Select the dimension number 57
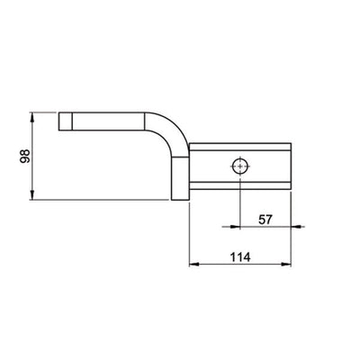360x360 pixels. (x=265, y=218)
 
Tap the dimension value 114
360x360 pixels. (x=238, y=256)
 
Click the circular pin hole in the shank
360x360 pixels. (x=241, y=166)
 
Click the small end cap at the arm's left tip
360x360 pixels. (x=65, y=121)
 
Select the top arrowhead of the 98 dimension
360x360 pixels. (x=32, y=116)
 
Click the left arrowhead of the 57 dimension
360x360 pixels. (x=245, y=229)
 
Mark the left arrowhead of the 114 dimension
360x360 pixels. (x=192, y=265)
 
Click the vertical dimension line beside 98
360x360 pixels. (x=32, y=157)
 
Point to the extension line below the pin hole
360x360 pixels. (x=241, y=202)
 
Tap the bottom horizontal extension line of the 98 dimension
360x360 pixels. (x=108, y=201)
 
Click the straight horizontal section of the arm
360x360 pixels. (x=112, y=121)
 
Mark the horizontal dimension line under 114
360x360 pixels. (x=238, y=265)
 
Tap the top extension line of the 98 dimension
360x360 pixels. (x=45, y=112)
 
